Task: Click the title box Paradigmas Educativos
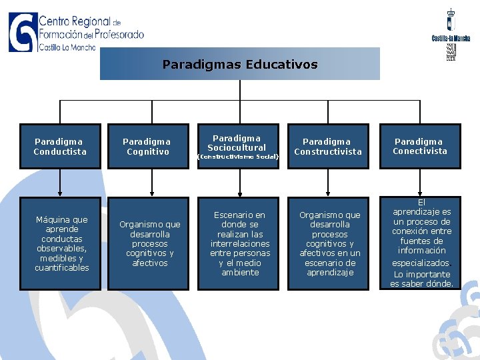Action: pos(240,65)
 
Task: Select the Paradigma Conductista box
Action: pos(60,147)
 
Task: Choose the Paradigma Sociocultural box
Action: pos(238,147)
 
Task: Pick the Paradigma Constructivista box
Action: pos(327,147)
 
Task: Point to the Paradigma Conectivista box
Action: pos(420,147)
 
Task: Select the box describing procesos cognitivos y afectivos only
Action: pos(149,243)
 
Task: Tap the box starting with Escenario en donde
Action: pos(239,243)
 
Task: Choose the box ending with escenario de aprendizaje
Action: pos(329,243)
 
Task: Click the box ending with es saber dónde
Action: pos(421,243)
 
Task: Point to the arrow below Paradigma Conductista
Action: pos(60,183)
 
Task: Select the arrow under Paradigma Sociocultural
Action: pos(238,183)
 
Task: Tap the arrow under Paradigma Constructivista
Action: pos(327,183)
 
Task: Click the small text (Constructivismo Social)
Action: pos(238,157)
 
